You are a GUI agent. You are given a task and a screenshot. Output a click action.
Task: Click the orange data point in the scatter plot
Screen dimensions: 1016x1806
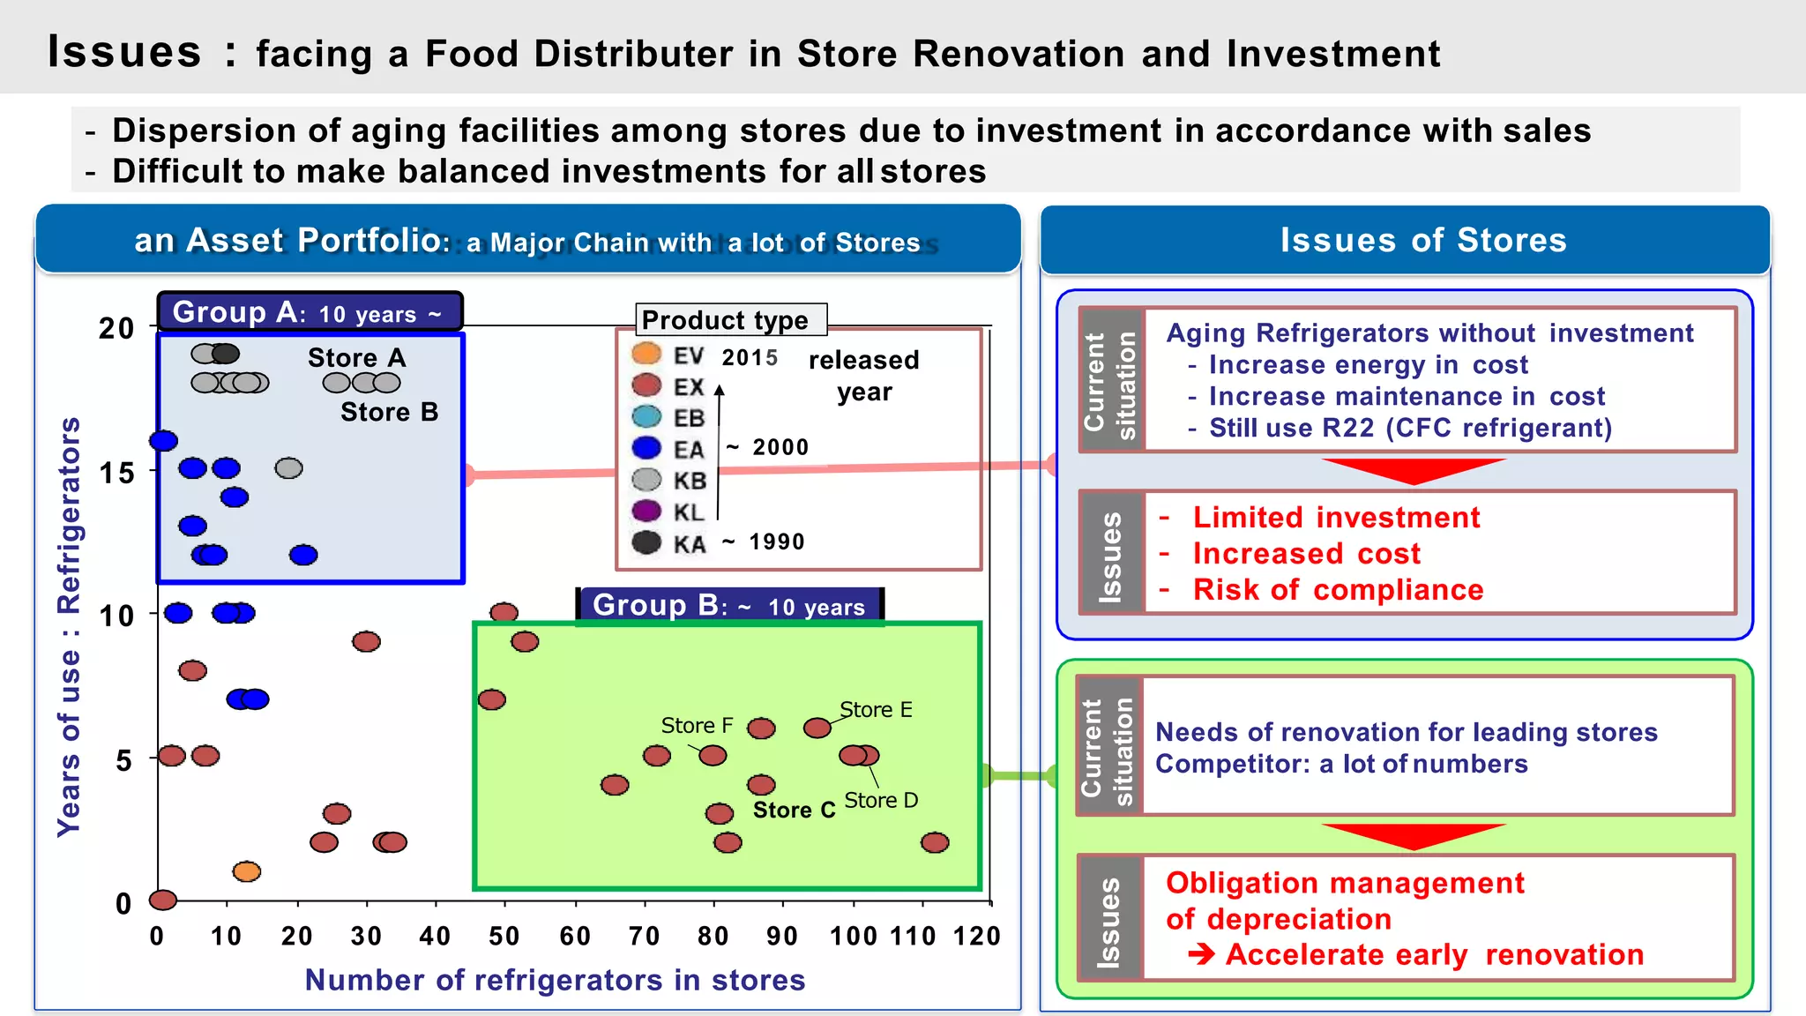click(247, 871)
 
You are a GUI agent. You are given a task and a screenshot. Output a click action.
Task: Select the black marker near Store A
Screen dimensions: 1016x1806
click(226, 354)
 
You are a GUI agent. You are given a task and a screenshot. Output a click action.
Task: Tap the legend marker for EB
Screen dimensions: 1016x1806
click(646, 416)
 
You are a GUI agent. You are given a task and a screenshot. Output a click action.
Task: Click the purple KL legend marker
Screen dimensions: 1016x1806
click(646, 511)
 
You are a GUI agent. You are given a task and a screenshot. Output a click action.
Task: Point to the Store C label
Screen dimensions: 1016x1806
click(794, 810)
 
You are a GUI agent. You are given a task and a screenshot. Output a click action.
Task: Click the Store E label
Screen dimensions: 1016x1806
click(876, 710)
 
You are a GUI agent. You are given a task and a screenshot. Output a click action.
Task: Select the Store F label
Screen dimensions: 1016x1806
click(697, 726)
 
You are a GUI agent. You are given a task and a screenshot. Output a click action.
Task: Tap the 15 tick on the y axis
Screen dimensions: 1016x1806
click(116, 474)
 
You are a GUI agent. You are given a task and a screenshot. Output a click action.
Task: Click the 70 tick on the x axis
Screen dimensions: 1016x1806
click(644, 936)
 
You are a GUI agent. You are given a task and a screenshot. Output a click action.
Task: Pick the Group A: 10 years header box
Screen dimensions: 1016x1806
click(310, 312)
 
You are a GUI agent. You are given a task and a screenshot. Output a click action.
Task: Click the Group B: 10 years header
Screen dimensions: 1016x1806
click(728, 606)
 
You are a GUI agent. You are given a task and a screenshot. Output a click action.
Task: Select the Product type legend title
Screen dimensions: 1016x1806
click(725, 320)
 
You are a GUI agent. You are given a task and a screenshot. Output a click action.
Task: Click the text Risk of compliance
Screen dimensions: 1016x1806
click(1337, 590)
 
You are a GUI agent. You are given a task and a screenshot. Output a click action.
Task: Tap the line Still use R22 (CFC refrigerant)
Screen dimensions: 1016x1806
click(1409, 429)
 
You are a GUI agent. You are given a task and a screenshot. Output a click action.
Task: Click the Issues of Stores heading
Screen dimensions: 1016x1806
click(1422, 240)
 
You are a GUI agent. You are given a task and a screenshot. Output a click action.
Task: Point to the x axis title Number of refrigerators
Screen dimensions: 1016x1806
click(555, 980)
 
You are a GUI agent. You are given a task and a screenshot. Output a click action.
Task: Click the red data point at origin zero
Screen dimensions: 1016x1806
click(163, 900)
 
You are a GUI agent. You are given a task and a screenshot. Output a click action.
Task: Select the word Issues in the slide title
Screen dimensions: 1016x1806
click(124, 51)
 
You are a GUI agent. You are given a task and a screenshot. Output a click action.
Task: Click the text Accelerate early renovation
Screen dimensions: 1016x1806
click(1434, 955)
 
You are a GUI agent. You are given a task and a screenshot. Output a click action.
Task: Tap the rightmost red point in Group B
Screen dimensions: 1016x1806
click(935, 842)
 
